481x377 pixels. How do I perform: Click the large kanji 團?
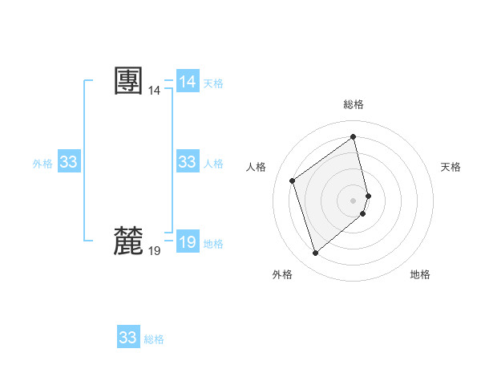coord(129,81)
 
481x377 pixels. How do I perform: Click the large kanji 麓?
coord(129,241)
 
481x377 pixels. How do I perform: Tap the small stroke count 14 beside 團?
coord(154,91)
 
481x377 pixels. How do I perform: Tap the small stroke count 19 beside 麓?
coord(154,251)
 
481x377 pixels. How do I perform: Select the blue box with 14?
coord(188,82)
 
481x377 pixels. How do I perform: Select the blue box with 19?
coord(188,241)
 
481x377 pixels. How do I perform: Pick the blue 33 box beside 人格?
coord(188,162)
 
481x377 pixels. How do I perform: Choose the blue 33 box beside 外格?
coord(69,162)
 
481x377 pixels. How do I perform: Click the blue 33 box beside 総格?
coord(128,337)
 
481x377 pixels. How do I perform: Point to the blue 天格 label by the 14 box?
coord(213,83)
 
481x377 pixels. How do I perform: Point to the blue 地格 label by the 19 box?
coord(213,244)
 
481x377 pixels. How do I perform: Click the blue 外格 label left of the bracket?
coord(42,164)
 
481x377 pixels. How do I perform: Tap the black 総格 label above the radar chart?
coord(354,104)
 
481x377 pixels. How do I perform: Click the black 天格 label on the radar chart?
coord(451,167)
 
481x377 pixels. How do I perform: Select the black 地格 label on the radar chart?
coord(420,274)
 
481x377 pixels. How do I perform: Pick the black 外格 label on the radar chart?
coord(282,274)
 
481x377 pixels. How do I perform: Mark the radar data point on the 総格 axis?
coord(354,136)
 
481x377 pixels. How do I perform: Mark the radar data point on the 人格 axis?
coord(293,180)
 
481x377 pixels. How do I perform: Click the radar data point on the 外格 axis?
coord(316,253)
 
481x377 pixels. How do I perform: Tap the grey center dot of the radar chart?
coord(354,200)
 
